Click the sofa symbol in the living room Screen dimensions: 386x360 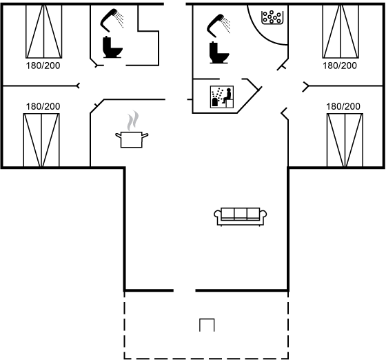[x=241, y=217]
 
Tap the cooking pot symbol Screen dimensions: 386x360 [x=132, y=139]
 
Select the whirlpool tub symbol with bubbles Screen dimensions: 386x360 [x=272, y=17]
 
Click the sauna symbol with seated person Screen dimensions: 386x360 [x=222, y=97]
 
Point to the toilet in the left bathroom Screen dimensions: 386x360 [x=112, y=47]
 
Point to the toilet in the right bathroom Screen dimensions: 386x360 [x=219, y=52]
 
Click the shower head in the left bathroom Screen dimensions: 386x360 [x=112, y=20]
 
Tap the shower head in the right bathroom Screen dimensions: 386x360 [x=219, y=26]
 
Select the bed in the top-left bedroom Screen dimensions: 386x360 [x=44, y=32]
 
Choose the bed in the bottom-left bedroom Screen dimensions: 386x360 [x=41, y=140]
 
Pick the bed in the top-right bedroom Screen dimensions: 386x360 [x=341, y=32]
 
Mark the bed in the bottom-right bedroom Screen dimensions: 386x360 [x=345, y=140]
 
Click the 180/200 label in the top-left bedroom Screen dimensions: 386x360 [x=43, y=66]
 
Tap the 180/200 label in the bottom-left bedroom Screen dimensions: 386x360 [x=43, y=107]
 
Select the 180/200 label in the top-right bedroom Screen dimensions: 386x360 [x=340, y=66]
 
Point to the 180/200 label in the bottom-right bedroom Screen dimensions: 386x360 [x=343, y=107]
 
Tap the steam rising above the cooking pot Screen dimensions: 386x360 [x=133, y=121]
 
